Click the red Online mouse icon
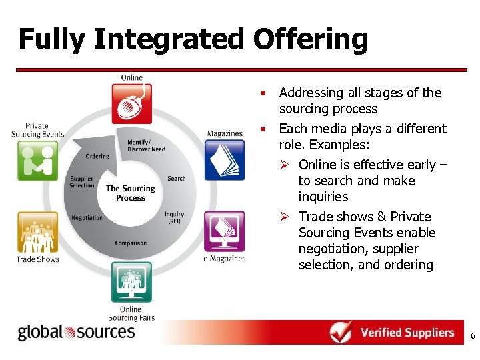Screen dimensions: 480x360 tap(131, 103)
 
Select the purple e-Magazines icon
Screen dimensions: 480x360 tap(224, 231)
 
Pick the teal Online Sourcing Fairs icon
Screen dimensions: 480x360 tap(131, 283)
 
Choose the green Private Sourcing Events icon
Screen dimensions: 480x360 tap(38, 161)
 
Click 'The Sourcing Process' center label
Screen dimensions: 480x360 tap(131, 193)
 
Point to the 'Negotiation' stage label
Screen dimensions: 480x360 tap(87, 218)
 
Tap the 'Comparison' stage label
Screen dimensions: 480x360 tap(131, 243)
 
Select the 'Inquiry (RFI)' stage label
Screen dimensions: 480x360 tap(174, 218)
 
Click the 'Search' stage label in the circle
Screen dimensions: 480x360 tap(177, 179)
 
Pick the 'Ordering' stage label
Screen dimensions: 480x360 tap(97, 157)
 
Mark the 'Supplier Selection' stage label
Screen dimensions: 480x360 tap(82, 182)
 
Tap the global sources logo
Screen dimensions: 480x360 tap(76, 332)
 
